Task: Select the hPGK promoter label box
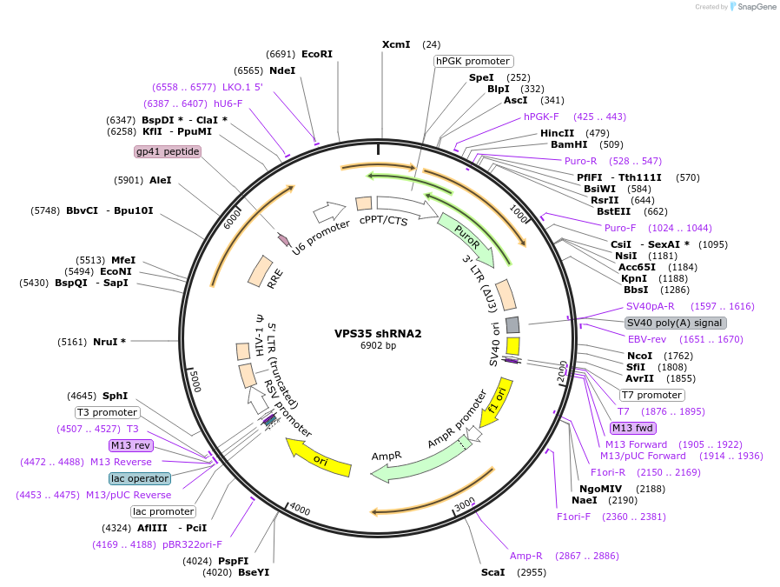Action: [473, 61]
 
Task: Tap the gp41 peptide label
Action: [168, 151]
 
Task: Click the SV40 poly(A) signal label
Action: [674, 323]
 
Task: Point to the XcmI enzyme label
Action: [396, 44]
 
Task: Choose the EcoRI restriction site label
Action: [317, 53]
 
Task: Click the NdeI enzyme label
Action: [282, 70]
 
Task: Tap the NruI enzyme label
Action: [109, 342]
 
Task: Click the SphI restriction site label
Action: [115, 396]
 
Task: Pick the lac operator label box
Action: [140, 478]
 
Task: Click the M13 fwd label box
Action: [633, 428]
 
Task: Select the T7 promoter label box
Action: [651, 395]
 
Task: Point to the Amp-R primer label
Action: [526, 555]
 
